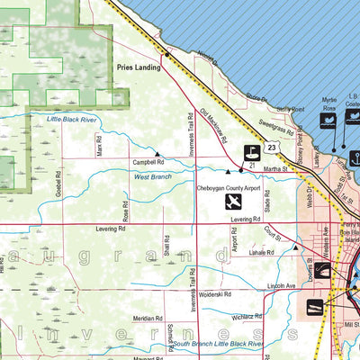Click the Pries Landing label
point(137,67)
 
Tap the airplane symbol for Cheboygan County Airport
point(234,202)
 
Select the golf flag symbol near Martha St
point(253,152)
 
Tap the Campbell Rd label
point(148,162)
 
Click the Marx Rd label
point(101,143)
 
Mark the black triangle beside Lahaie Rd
point(295,247)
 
